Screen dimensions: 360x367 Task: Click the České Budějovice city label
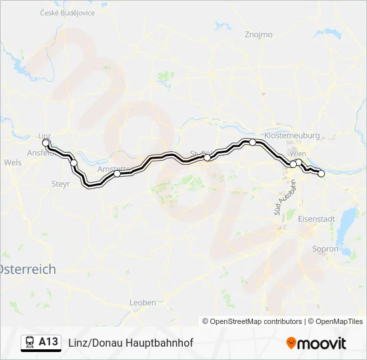(x=67, y=13)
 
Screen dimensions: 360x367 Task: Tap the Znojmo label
(x=258, y=34)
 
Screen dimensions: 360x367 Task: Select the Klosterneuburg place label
(x=292, y=134)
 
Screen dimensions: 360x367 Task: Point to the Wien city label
(x=298, y=154)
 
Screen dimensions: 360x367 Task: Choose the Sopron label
(x=326, y=249)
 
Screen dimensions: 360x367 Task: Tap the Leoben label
(x=142, y=302)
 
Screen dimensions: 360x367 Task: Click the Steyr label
(x=61, y=183)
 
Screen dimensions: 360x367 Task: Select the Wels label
(x=13, y=162)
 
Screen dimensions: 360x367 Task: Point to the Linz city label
(x=45, y=135)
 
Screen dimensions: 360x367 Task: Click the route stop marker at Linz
(x=45, y=143)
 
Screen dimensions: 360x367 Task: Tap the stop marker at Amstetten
(x=117, y=173)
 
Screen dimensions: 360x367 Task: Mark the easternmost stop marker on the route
(x=321, y=173)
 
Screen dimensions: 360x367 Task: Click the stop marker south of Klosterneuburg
(x=252, y=142)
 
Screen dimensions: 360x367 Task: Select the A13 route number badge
(x=48, y=342)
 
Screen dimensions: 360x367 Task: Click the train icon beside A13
(x=31, y=342)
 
